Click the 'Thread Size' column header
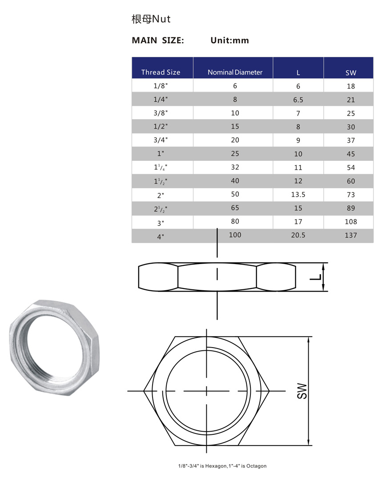tap(161, 72)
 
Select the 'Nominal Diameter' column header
tap(235, 72)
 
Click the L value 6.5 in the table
tap(298, 100)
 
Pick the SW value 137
tap(350, 235)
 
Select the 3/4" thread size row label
tap(161, 140)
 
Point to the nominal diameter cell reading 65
tap(235, 208)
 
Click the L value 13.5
tap(298, 195)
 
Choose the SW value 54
tap(350, 167)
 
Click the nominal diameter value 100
tap(235, 234)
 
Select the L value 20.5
tap(298, 235)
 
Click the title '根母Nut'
tap(151, 19)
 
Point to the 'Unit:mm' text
tap(229, 40)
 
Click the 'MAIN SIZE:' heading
tap(158, 40)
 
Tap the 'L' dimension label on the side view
tap(315, 277)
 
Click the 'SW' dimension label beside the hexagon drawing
tap(302, 391)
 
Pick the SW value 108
tap(350, 222)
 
